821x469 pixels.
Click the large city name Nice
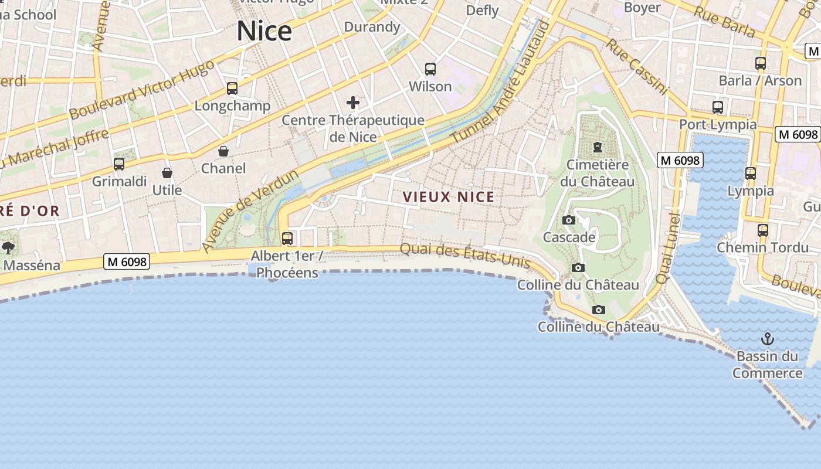(264, 31)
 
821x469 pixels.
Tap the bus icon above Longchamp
(232, 89)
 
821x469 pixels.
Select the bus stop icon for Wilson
(430, 69)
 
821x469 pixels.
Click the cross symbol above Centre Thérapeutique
(353, 103)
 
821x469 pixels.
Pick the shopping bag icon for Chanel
(223, 151)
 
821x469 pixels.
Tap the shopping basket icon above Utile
(167, 173)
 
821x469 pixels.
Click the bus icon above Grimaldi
(119, 164)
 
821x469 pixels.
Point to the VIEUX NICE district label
(449, 197)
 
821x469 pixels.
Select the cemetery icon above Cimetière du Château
(598, 147)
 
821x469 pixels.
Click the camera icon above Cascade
(569, 220)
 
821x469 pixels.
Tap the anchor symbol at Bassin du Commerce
(767, 339)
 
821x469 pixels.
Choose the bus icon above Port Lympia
(718, 107)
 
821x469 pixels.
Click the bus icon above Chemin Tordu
(762, 230)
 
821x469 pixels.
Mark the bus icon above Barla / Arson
(761, 63)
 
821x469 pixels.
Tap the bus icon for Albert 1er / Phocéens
(287, 239)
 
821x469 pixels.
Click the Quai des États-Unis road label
(465, 255)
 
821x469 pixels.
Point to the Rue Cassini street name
(636, 66)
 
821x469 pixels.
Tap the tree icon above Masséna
(8, 248)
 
